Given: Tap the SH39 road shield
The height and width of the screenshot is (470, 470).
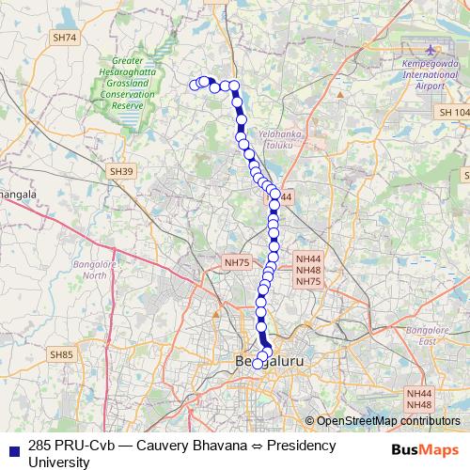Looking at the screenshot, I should pyautogui.click(x=121, y=171).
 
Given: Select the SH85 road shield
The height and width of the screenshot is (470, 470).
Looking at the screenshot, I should pyautogui.click(x=62, y=354).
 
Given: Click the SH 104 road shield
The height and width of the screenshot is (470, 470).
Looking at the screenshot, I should pyautogui.click(x=451, y=112).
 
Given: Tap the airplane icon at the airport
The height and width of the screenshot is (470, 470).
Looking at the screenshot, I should pyautogui.click(x=431, y=50).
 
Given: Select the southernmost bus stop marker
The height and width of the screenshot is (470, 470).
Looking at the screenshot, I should pyautogui.click(x=258, y=364).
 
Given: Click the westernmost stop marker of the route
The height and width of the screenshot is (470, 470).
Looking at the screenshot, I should pyautogui.click(x=196, y=86).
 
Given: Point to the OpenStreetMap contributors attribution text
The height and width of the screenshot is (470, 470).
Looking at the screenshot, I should pyautogui.click(x=387, y=421).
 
